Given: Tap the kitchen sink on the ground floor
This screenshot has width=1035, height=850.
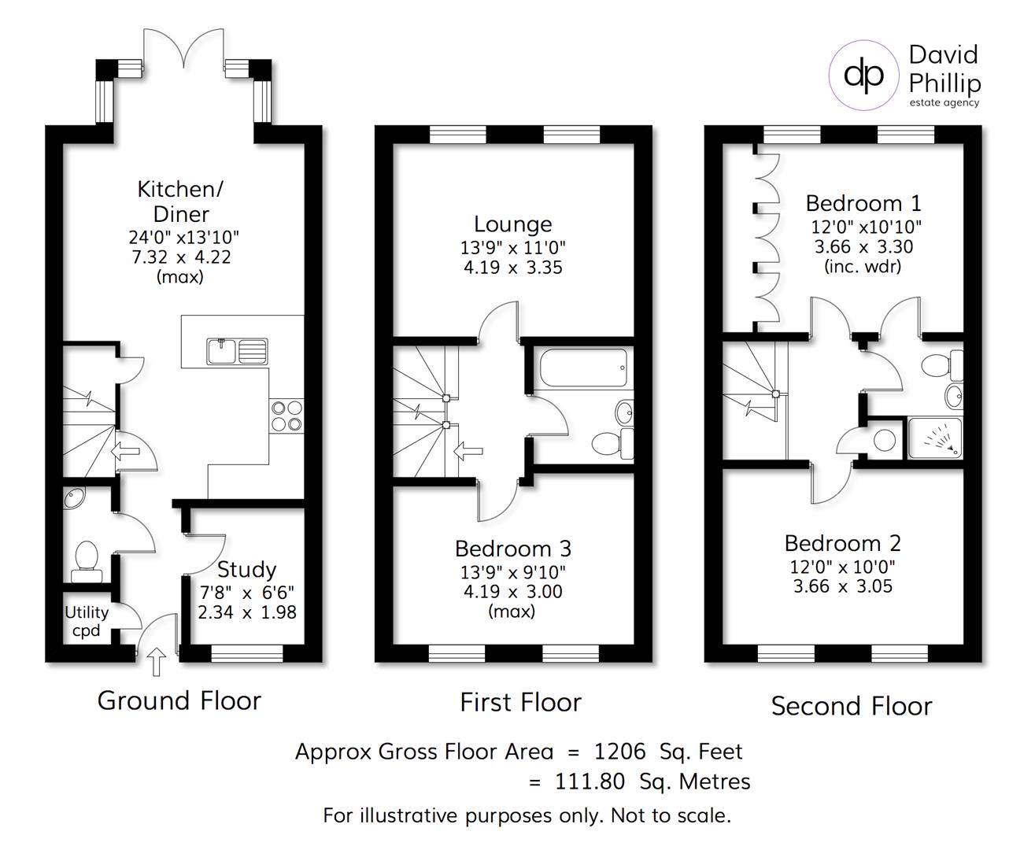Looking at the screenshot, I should (x=237, y=351).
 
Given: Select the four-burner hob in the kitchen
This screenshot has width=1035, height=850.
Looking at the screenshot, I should (x=286, y=416).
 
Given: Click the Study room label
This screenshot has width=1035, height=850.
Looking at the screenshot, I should (x=246, y=569).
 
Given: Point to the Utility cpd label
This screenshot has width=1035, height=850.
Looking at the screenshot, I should (x=87, y=621).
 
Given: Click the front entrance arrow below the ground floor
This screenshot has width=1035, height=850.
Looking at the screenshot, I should (x=157, y=662).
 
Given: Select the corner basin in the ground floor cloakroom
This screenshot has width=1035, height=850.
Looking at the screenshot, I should (x=77, y=500).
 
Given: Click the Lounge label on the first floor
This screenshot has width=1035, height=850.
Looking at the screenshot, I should (x=512, y=225).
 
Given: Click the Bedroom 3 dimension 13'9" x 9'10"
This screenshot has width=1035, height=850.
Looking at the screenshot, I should (x=512, y=571).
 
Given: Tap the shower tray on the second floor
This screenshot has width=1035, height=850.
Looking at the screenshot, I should (x=934, y=438).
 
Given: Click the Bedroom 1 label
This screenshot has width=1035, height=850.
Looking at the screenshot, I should (x=863, y=204).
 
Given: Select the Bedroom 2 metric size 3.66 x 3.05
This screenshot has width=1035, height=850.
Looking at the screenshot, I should (x=842, y=586).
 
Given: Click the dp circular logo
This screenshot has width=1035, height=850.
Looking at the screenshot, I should (x=863, y=76).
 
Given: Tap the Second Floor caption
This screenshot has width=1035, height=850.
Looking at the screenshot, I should (x=851, y=706).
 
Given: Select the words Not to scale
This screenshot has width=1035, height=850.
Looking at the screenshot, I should (x=671, y=815).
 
